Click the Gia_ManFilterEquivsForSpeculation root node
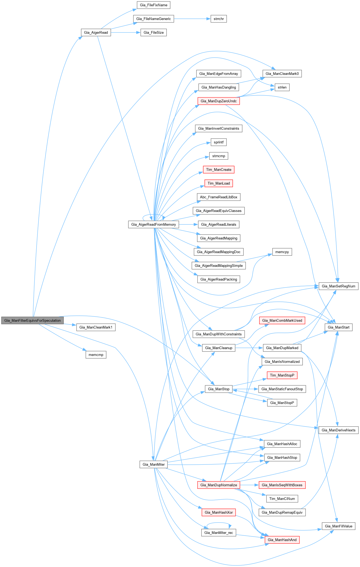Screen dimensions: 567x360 pyautogui.click(x=33, y=320)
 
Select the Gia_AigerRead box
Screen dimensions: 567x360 pyautogui.click(x=96, y=32)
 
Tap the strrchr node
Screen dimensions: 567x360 pyautogui.click(x=219, y=19)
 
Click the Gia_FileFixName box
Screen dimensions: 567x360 pyautogui.click(x=154, y=5)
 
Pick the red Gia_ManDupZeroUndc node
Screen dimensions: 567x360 pyautogui.click(x=219, y=101)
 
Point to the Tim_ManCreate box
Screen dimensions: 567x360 pyautogui.click(x=219, y=169)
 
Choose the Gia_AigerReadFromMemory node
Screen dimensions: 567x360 pyautogui.click(x=154, y=224)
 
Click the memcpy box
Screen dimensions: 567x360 pyautogui.click(x=282, y=252)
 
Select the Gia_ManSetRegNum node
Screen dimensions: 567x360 pyautogui.click(x=338, y=286)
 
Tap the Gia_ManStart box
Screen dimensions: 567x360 pyautogui.click(x=338, y=327)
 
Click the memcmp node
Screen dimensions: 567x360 pyautogui.click(x=96, y=355)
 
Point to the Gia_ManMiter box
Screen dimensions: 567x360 pyautogui.click(x=154, y=464)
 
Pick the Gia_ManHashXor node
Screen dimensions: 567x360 pyautogui.click(x=219, y=512)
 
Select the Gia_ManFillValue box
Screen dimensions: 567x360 pyautogui.click(x=338, y=526)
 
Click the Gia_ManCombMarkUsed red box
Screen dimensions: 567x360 pyautogui.click(x=282, y=320)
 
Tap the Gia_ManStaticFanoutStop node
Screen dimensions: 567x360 pyautogui.click(x=282, y=389)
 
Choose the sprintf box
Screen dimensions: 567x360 pyautogui.click(x=219, y=142)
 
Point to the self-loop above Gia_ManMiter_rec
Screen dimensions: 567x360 pyautogui.click(x=219, y=523)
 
